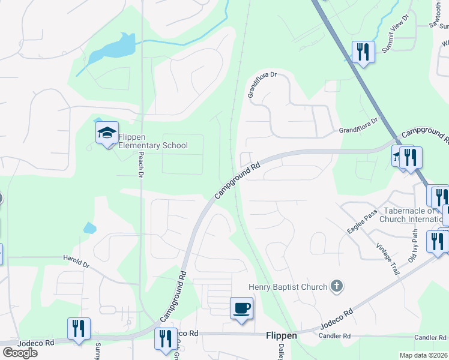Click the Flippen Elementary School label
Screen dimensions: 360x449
153,141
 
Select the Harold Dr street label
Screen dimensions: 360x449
76,261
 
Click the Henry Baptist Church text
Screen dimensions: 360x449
288,287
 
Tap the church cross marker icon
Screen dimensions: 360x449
337,286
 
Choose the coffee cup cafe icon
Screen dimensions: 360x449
241,308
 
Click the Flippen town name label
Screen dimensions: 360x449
281,335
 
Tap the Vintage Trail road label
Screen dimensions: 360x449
387,259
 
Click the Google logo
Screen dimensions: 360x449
20,353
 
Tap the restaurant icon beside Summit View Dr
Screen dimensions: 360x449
363,52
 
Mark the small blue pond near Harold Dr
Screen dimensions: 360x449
89,228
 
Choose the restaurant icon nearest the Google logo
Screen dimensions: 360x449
79,329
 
